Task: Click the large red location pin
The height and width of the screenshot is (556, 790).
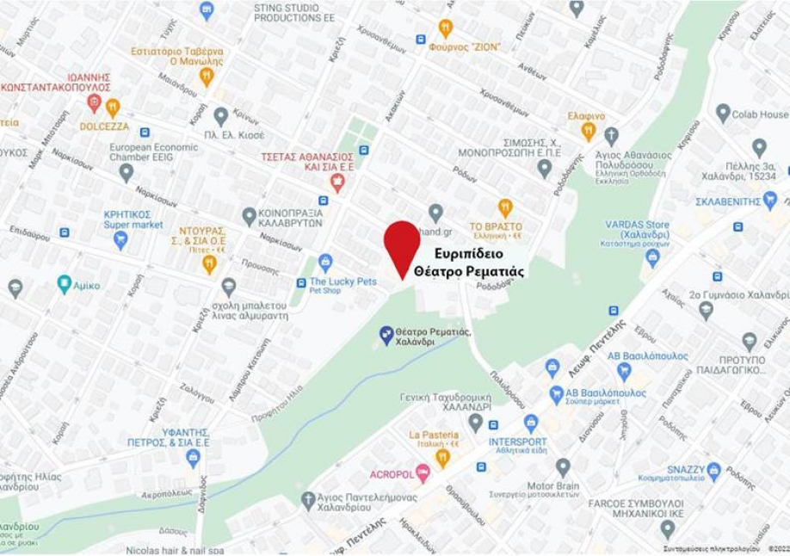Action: [402, 244]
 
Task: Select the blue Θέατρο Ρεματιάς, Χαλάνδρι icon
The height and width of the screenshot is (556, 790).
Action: [386, 333]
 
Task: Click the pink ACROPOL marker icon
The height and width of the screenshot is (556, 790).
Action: [423, 473]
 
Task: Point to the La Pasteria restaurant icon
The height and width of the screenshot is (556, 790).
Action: [442, 456]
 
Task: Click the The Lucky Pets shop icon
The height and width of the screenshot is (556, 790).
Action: [325, 262]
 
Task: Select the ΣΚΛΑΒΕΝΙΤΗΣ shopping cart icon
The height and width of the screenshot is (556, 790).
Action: [769, 200]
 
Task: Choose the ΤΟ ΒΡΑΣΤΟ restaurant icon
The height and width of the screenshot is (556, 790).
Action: [505, 207]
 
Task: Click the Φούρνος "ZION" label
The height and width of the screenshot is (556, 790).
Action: [464, 46]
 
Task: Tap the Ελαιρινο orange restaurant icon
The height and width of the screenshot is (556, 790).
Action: [589, 131]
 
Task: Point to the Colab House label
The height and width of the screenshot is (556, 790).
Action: [761, 114]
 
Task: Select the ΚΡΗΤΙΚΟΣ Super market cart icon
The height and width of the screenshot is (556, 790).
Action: [120, 239]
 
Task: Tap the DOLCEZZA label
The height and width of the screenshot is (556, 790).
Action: [104, 126]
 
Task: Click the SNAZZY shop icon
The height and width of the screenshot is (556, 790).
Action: [713, 471]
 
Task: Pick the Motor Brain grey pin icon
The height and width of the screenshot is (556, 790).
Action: [563, 467]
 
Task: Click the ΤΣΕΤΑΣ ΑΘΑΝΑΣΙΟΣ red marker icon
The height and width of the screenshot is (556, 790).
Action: [337, 182]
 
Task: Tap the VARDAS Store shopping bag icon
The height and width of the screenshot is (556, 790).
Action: [652, 256]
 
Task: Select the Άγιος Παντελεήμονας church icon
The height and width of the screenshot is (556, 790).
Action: [308, 500]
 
